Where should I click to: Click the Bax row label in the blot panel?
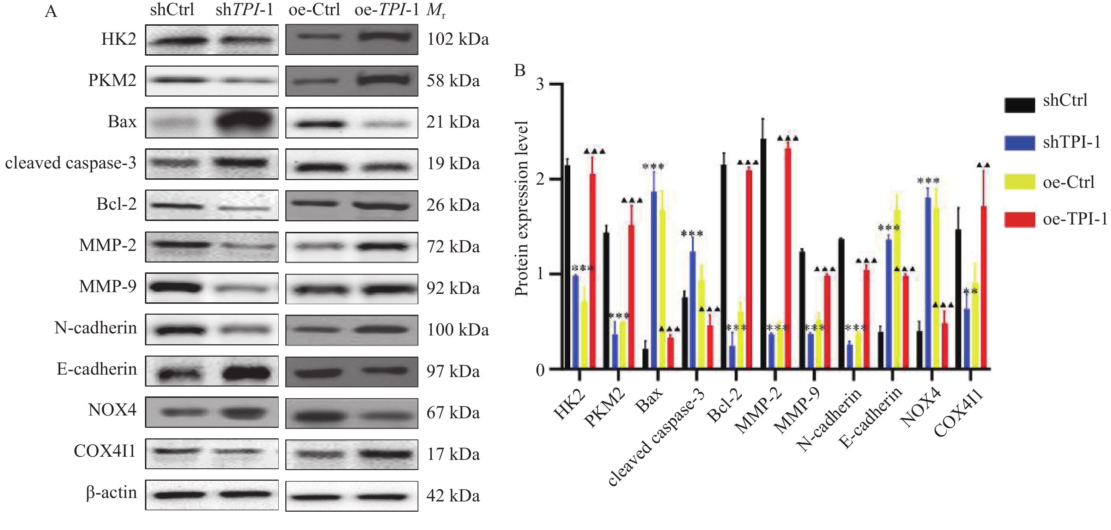click(x=122, y=122)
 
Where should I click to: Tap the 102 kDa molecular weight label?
click(x=457, y=39)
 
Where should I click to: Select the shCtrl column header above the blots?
click(x=172, y=10)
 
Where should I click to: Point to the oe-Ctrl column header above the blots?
click(x=314, y=10)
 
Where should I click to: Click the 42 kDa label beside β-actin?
click(x=453, y=496)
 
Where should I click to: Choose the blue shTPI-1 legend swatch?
click(x=1019, y=143)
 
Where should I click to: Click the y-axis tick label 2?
click(x=540, y=179)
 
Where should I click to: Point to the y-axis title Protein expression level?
click(x=522, y=209)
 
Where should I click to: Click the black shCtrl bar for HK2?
click(x=567, y=267)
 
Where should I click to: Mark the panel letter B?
click(x=520, y=70)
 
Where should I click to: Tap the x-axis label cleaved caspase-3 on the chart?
click(x=658, y=437)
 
